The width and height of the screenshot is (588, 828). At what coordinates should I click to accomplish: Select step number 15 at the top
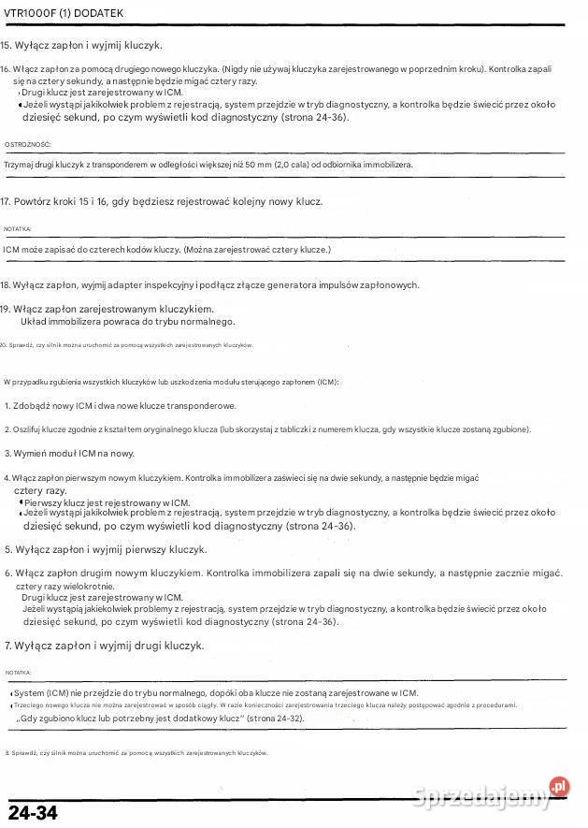(x=7, y=45)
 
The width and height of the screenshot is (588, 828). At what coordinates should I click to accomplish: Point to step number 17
(x=7, y=201)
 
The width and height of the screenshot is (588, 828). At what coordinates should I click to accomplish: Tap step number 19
(x=7, y=309)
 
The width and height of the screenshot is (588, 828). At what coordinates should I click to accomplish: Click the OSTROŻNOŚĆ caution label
(x=28, y=145)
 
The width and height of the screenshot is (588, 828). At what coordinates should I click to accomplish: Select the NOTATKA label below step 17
(x=18, y=229)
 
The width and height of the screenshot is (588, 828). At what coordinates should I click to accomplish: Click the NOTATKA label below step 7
(x=18, y=673)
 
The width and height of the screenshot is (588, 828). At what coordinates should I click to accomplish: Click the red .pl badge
(x=559, y=787)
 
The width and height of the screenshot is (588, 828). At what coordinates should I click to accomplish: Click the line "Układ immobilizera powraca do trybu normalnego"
(x=127, y=321)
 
